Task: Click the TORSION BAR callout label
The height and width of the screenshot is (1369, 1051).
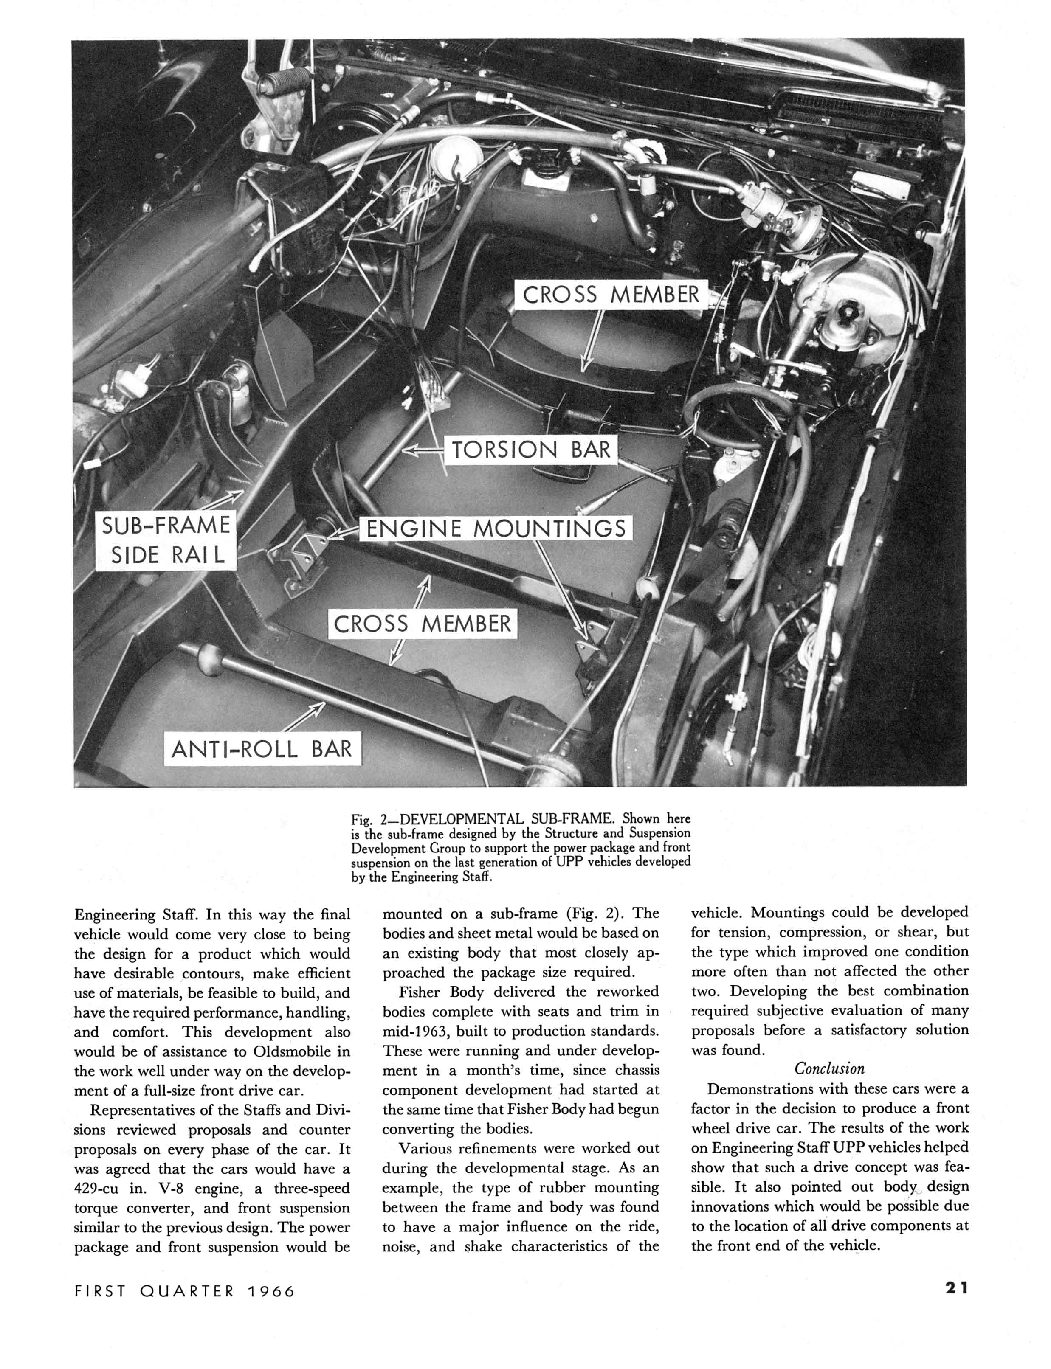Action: [x=530, y=450]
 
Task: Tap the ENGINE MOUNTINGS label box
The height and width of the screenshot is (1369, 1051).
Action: [x=496, y=528]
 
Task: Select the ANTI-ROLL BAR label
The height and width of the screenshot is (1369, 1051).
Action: [x=262, y=749]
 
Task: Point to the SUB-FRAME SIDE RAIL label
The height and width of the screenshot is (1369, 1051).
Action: [x=166, y=540]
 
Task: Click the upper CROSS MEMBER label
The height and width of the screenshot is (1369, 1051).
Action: [x=611, y=295]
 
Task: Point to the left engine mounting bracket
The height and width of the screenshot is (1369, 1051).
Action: [x=299, y=560]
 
